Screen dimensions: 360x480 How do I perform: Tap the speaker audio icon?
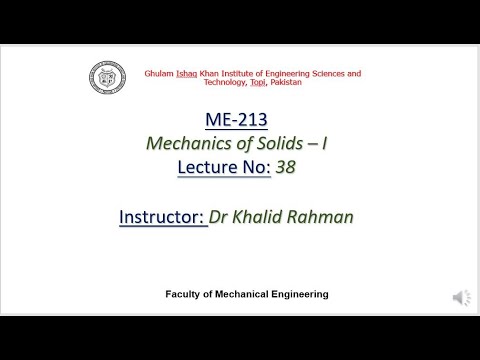click(x=460, y=298)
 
